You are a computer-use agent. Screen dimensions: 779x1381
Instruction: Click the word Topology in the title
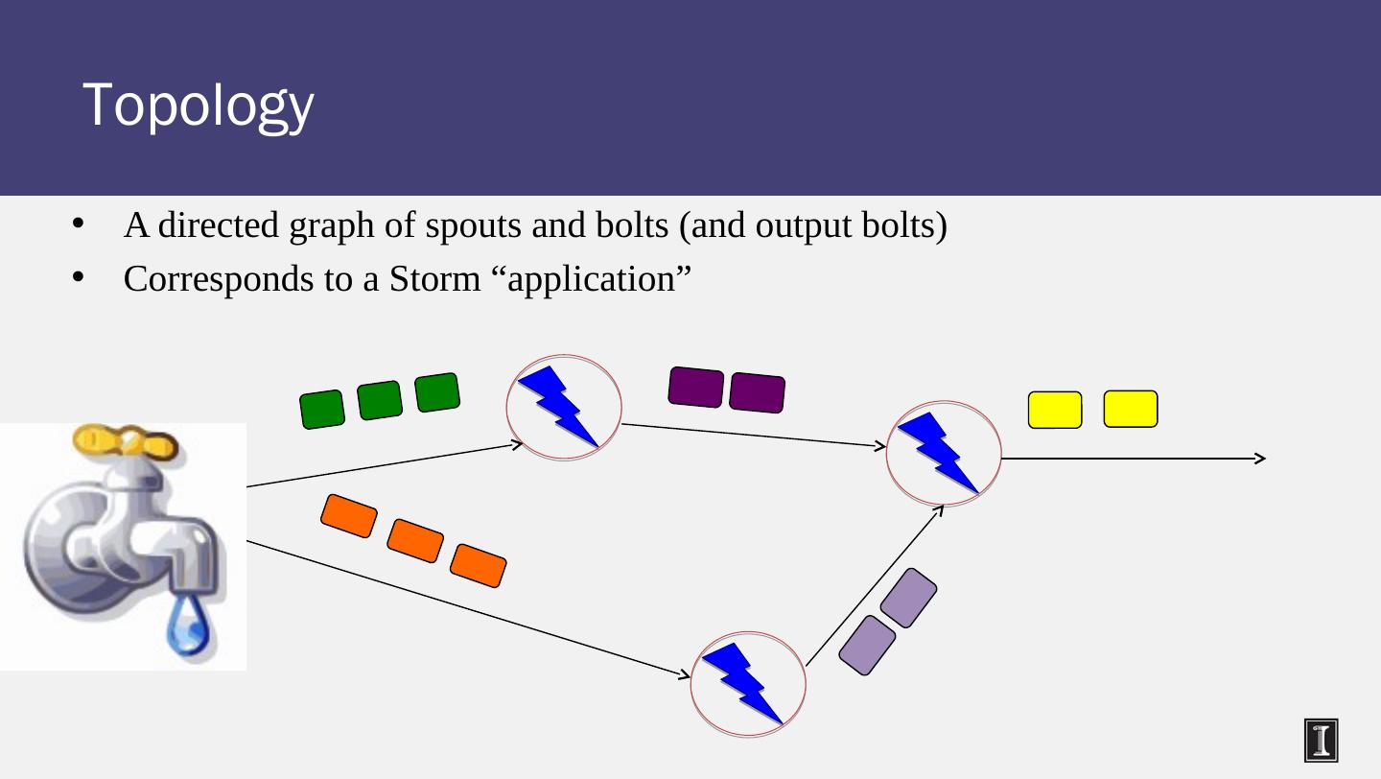coord(198,106)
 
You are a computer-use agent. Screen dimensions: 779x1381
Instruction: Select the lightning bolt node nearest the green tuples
coord(565,408)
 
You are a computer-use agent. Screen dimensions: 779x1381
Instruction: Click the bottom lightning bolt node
coord(748,683)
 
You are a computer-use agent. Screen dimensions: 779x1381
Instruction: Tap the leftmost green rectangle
coord(322,410)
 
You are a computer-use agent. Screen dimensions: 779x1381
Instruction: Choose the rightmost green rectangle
coord(437,391)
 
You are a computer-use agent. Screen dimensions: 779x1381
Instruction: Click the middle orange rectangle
coord(415,540)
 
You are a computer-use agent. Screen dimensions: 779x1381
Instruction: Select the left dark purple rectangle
coord(695,387)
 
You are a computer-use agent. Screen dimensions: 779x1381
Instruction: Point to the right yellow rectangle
coord(1131,409)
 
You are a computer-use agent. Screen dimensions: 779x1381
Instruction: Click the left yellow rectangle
coord(1055,410)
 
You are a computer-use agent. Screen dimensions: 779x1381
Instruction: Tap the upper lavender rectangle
coord(907,597)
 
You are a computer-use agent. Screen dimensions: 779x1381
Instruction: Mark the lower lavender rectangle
coord(867,645)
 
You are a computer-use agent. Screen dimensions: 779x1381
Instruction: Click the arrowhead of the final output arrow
coord(1260,459)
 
